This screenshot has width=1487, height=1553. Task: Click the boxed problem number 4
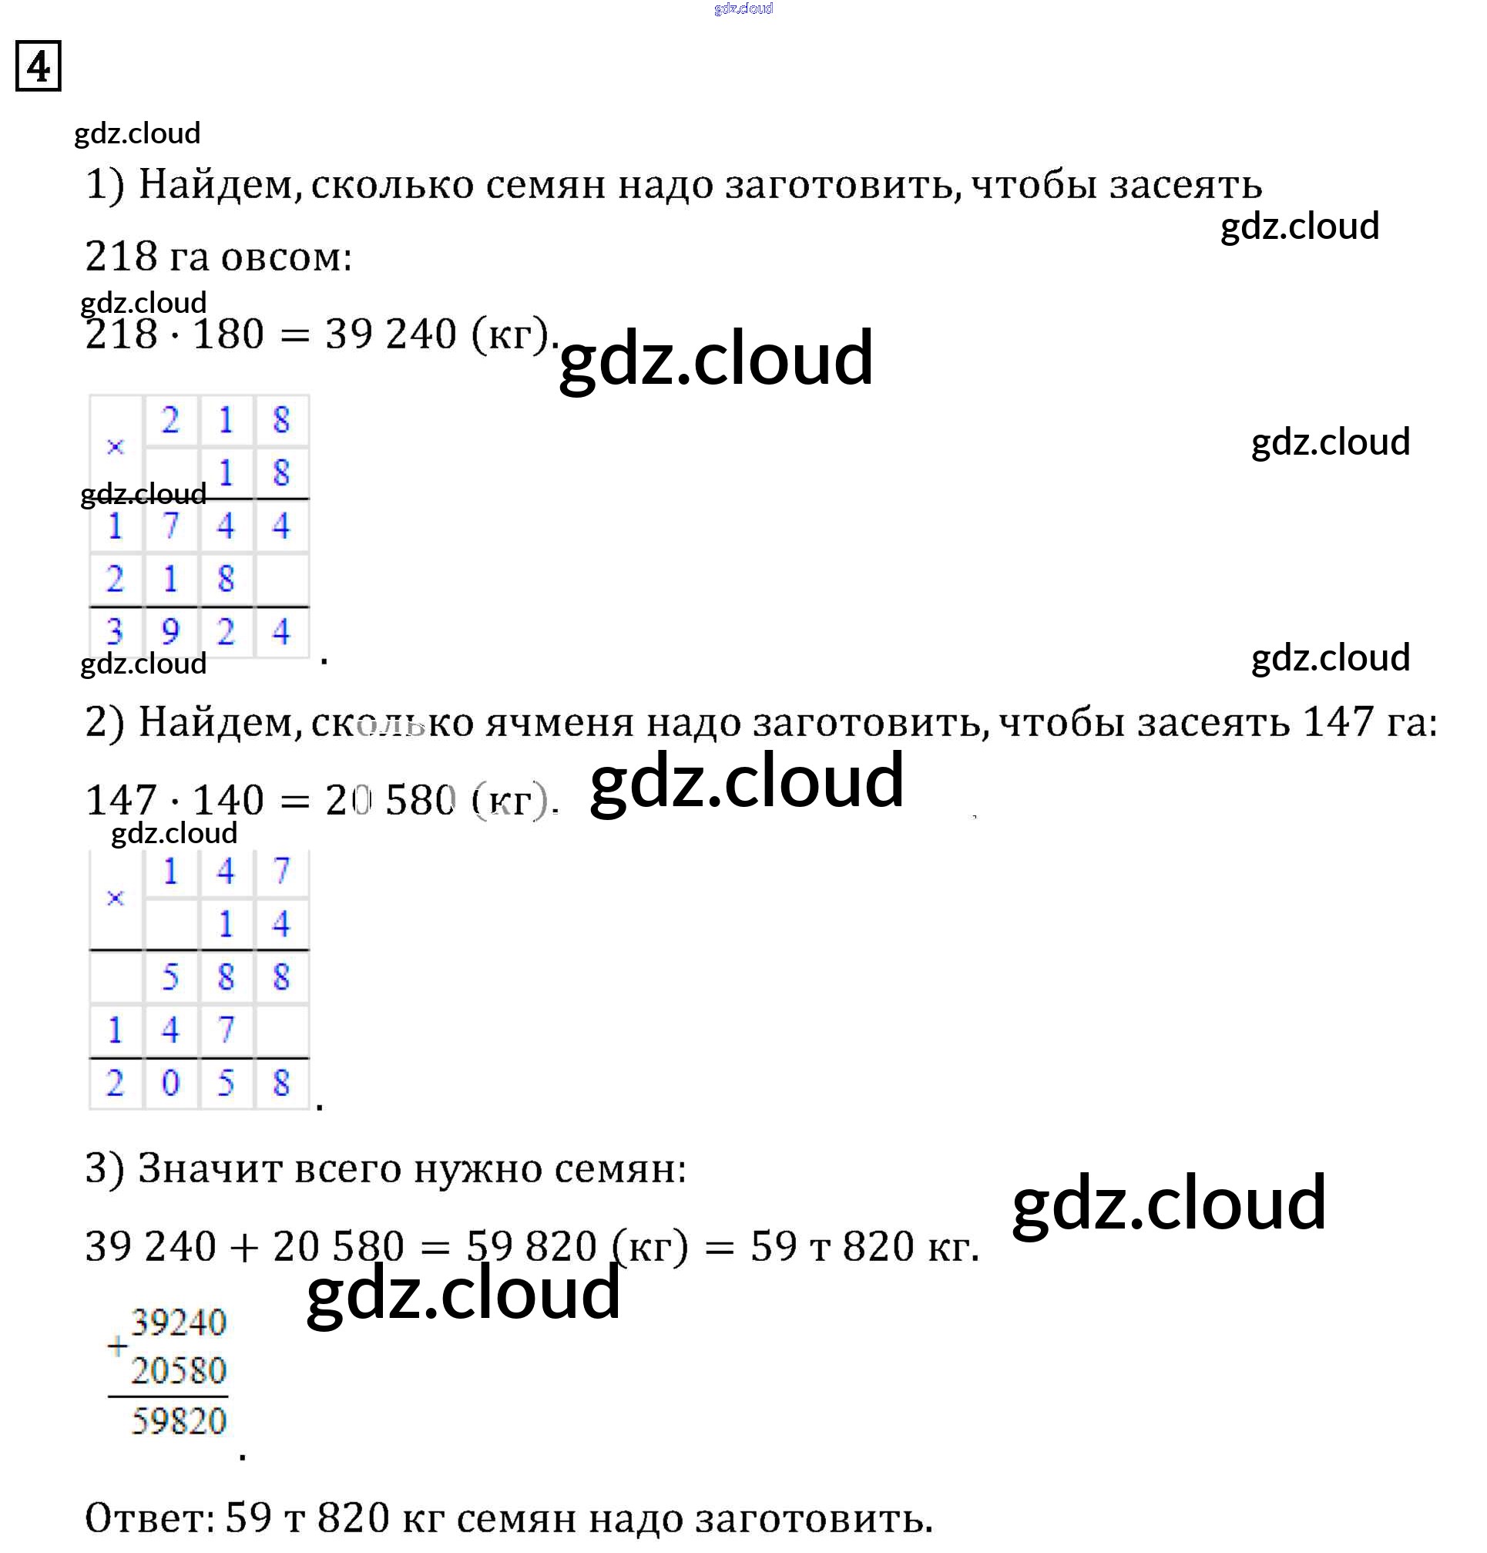click(x=38, y=66)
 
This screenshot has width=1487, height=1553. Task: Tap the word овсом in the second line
click(x=286, y=256)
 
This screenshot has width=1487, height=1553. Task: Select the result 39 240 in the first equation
click(x=390, y=334)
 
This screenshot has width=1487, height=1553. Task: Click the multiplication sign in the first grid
click(x=115, y=447)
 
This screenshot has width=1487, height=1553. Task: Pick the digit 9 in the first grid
click(x=170, y=631)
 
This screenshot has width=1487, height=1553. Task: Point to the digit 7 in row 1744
click(x=170, y=526)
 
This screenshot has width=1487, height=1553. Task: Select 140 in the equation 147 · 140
click(x=228, y=799)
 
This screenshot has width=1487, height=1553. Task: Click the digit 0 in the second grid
click(x=170, y=1082)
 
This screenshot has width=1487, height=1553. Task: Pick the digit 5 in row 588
click(x=170, y=977)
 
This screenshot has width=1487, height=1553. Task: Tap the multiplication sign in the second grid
click(x=115, y=898)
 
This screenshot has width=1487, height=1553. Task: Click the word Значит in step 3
click(x=209, y=1168)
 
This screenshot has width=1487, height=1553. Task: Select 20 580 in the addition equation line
click(x=338, y=1245)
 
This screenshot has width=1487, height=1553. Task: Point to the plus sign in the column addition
click(x=117, y=1346)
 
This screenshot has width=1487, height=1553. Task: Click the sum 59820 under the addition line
click(x=179, y=1420)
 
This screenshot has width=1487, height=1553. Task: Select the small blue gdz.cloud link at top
click(x=743, y=8)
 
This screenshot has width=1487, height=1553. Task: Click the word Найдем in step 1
click(x=220, y=185)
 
